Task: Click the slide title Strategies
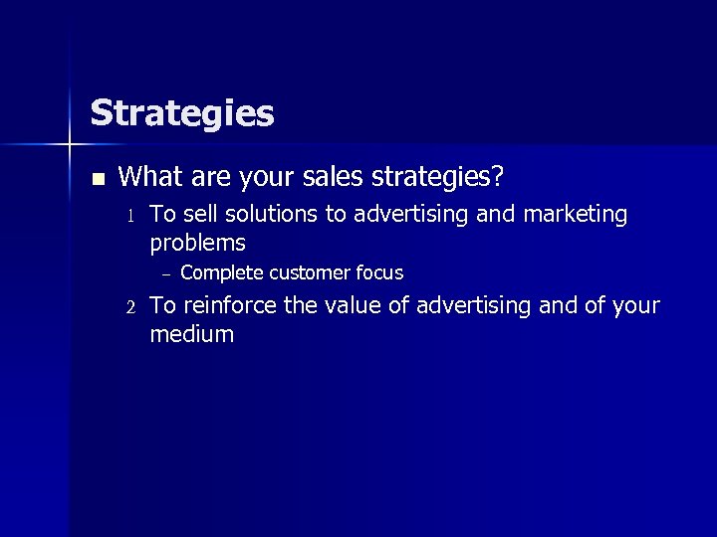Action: [181, 113]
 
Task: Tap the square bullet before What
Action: [97, 180]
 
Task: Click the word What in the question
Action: [149, 177]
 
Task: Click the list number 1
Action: [128, 216]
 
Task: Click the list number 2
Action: [128, 306]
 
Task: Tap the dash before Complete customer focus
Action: [166, 273]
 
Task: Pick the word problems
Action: [197, 244]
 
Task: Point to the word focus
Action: [379, 272]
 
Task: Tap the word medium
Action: [191, 335]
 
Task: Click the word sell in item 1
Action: [200, 215]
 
